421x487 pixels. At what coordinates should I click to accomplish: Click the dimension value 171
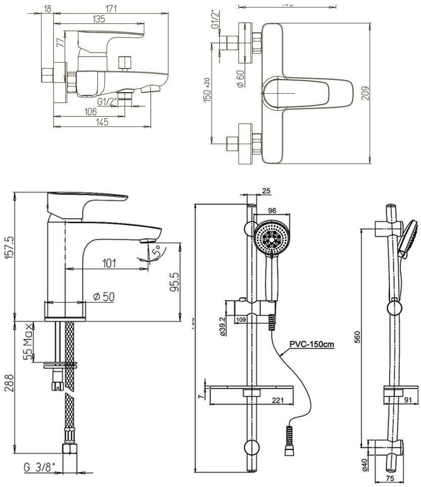pyautogui.click(x=111, y=8)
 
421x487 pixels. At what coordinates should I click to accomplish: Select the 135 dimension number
pyautogui.click(x=99, y=20)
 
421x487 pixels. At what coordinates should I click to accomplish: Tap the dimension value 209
pyautogui.click(x=365, y=93)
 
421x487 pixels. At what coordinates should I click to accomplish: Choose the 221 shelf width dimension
pyautogui.click(x=277, y=401)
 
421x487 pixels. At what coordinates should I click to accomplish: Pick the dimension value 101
pyautogui.click(x=109, y=263)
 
